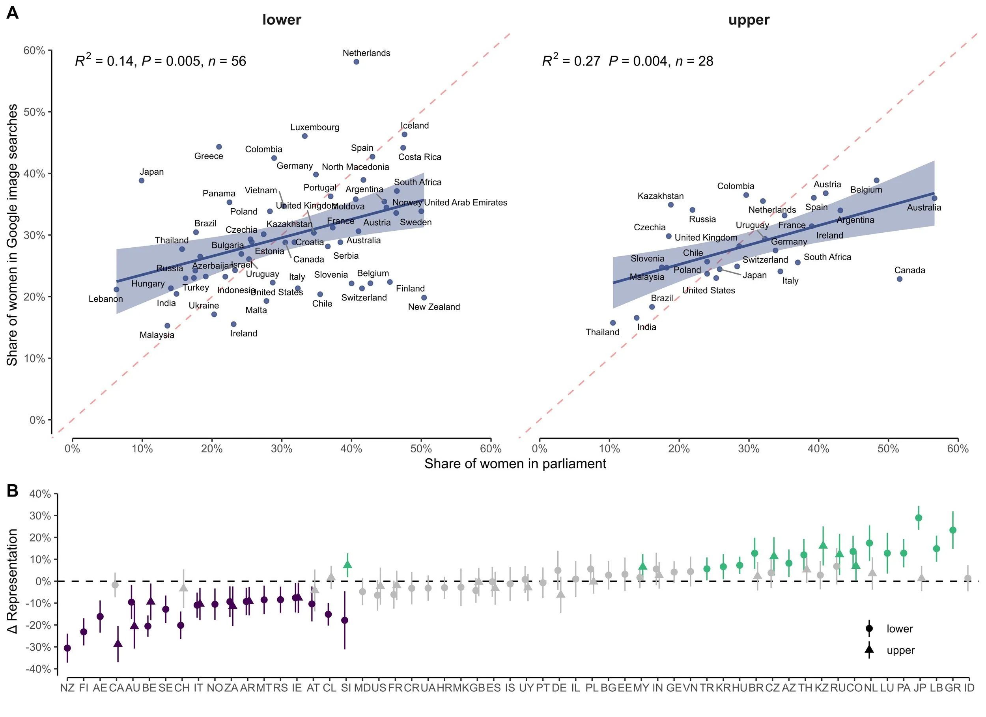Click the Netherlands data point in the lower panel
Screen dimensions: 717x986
pyautogui.click(x=356, y=62)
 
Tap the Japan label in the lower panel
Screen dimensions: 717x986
pyautogui.click(x=151, y=172)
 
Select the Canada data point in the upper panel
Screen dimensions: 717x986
pyautogui.click(x=900, y=279)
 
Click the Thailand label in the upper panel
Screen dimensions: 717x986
pyautogui.click(x=602, y=332)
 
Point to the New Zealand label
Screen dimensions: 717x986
pyautogui.click(x=433, y=307)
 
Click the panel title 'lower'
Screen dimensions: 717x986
pyautogui.click(x=281, y=20)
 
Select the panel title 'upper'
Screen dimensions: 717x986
pyautogui.click(x=749, y=20)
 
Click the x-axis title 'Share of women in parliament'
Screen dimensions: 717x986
pyautogui.click(x=515, y=463)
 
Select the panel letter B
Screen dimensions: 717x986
pyautogui.click(x=12, y=491)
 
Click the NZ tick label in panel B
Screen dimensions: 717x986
pyautogui.click(x=67, y=688)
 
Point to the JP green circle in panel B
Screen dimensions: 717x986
pyautogui.click(x=919, y=518)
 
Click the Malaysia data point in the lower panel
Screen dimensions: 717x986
pyautogui.click(x=167, y=326)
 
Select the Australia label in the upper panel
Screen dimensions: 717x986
pyautogui.click(x=923, y=208)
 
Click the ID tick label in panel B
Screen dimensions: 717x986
pyautogui.click(x=969, y=688)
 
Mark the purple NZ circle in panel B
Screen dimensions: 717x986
pyautogui.click(x=67, y=648)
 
